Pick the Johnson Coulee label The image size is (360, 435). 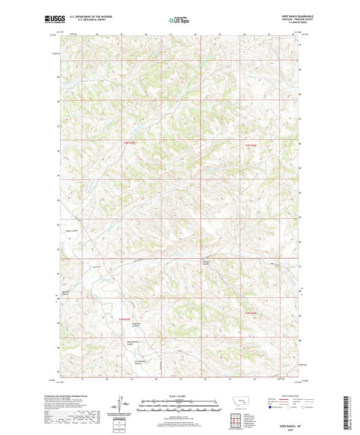click(207, 262)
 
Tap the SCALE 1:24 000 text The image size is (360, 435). click(179, 396)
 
